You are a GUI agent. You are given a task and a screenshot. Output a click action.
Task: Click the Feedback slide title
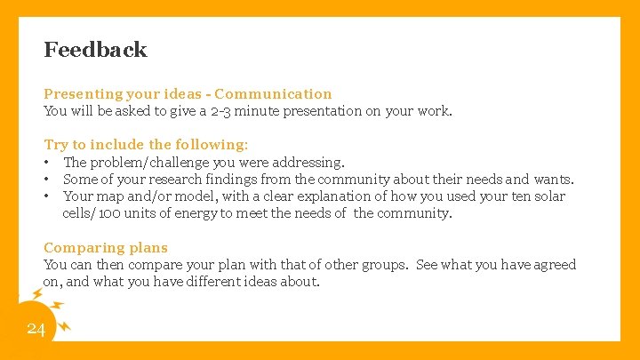click(x=95, y=50)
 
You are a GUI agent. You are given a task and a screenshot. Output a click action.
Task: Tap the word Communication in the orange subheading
click(x=273, y=93)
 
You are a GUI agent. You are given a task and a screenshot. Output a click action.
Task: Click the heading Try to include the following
click(x=146, y=144)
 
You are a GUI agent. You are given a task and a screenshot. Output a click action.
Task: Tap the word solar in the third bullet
click(x=548, y=196)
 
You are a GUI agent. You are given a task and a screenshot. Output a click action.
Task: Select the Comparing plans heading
click(x=106, y=247)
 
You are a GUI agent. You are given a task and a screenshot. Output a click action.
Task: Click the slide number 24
click(x=36, y=330)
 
